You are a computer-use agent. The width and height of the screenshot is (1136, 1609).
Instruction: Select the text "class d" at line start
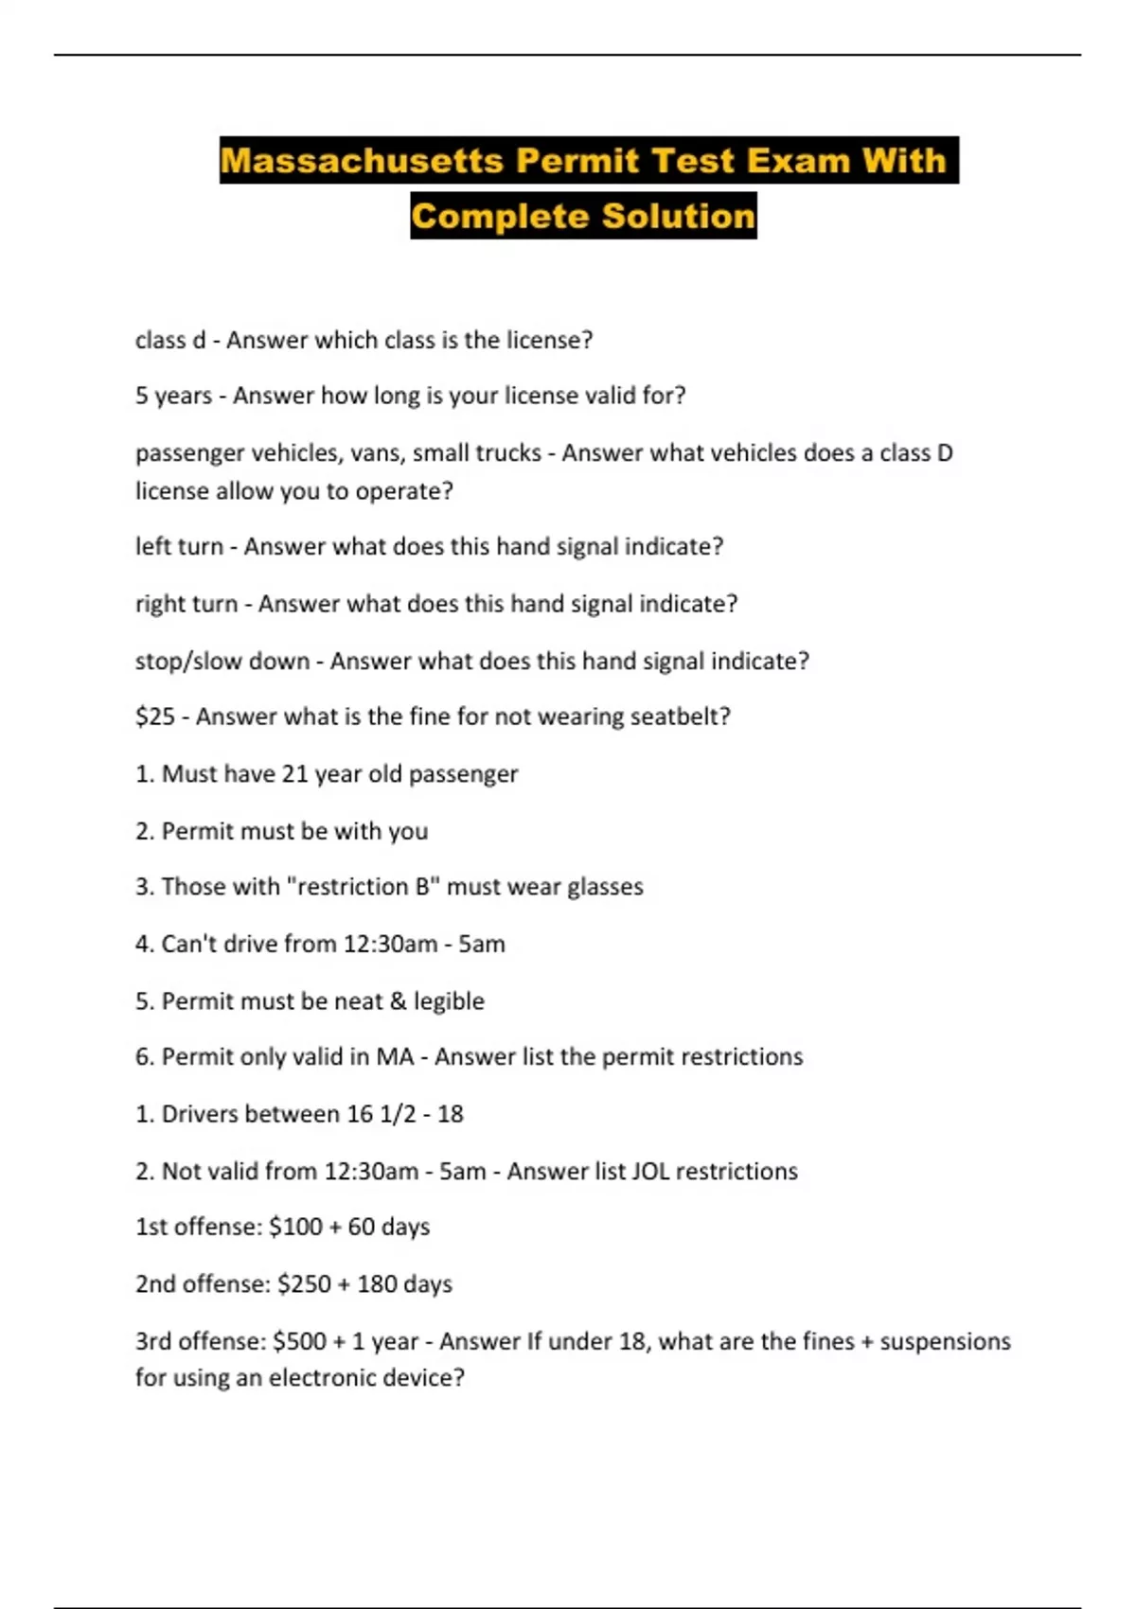(170, 340)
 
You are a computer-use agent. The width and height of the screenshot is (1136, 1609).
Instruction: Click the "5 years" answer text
(173, 396)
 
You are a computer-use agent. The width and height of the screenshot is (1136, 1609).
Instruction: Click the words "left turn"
(179, 547)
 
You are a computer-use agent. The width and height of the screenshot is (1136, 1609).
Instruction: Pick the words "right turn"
(186, 604)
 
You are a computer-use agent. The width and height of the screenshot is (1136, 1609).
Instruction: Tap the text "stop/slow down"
(222, 661)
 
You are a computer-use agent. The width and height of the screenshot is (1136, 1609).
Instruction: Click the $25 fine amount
(155, 716)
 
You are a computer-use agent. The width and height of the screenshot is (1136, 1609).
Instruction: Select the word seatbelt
(680, 716)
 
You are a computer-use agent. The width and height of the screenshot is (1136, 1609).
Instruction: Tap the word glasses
(605, 887)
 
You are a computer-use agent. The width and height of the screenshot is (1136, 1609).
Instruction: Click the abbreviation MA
(395, 1057)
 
